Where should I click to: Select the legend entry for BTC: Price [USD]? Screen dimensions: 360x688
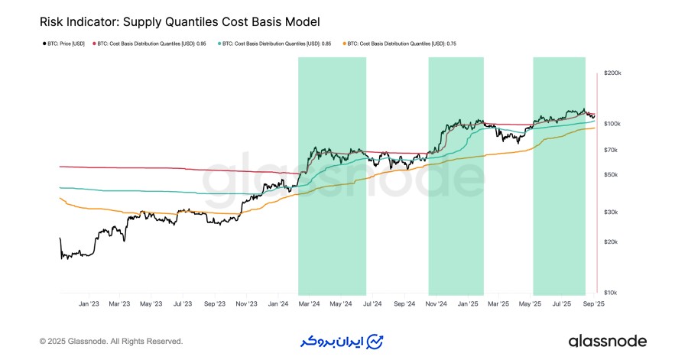coord(64,44)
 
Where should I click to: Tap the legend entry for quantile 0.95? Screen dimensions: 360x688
coord(150,44)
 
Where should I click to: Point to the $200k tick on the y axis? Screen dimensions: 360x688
coord(612,73)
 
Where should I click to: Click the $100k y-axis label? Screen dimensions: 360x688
coord(612,124)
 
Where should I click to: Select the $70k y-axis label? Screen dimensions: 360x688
coord(611,150)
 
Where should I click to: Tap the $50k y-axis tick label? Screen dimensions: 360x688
coord(611,175)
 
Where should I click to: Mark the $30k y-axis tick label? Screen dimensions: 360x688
coord(611,212)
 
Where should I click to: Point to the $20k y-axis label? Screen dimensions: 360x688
coord(611,242)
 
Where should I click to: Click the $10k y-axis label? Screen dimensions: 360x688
coord(611,293)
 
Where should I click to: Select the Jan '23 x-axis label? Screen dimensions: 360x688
coord(89,303)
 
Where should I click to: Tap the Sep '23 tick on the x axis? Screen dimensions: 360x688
coord(215,303)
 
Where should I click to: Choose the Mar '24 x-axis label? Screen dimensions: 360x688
coord(309,303)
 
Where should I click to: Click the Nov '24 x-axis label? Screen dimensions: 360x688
coord(435,303)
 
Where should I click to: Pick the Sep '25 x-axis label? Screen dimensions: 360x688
coord(592,303)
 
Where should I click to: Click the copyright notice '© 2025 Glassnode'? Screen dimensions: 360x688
coord(111,341)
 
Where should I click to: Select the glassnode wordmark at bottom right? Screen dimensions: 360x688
coord(608,341)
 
